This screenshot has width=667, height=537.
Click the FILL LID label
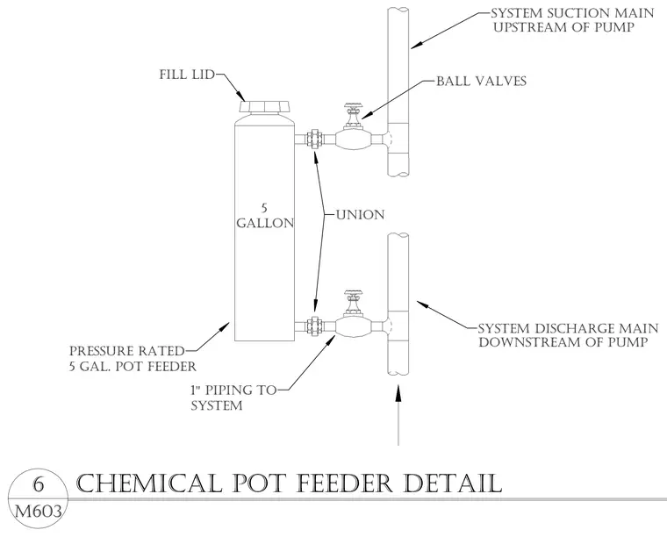187,75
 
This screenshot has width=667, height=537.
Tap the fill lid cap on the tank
264,106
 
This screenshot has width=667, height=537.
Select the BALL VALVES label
482,81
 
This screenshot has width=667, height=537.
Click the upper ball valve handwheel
353,106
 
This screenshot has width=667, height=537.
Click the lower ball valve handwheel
353,293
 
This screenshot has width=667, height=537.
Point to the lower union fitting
314,326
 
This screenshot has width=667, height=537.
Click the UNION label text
361,215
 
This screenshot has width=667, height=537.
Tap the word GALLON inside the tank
265,223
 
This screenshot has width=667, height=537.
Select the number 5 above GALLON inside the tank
264,208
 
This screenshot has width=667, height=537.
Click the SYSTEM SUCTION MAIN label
572,13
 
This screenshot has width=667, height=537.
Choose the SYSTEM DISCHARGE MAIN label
569,329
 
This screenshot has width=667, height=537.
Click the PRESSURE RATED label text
126,351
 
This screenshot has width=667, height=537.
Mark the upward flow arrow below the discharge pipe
398,415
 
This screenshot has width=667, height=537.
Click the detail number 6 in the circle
39,484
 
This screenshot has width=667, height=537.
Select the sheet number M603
39,512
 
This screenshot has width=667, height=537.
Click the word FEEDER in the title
343,483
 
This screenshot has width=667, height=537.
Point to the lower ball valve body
353,326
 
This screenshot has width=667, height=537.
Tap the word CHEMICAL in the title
150,483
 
